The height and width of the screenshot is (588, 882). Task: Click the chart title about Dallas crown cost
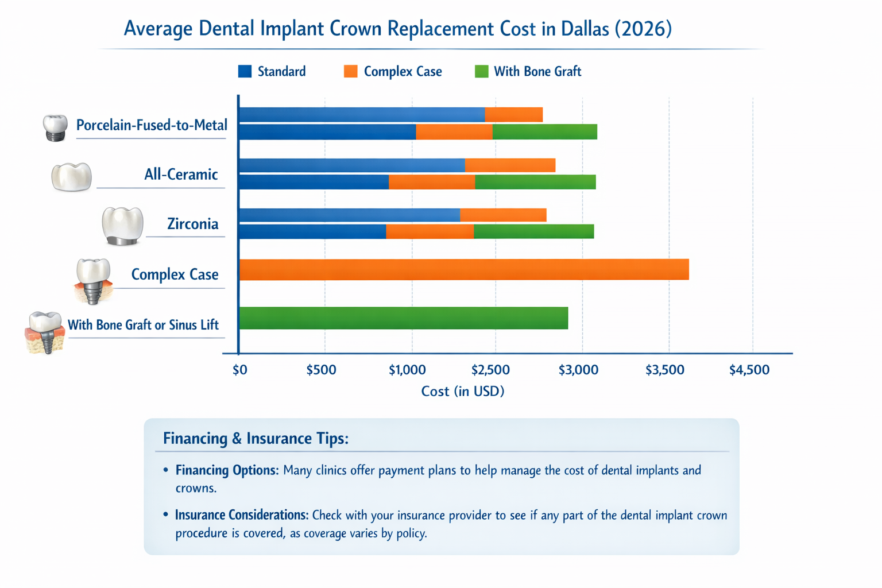click(397, 28)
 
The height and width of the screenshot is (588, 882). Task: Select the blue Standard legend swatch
click(245, 71)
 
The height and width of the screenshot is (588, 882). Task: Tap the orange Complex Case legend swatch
click(350, 71)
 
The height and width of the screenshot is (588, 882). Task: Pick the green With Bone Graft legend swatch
click(481, 71)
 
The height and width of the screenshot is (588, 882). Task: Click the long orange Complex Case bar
click(463, 270)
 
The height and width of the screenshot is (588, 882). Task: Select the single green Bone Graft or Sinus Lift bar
click(403, 318)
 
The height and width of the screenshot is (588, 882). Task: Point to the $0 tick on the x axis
click(240, 370)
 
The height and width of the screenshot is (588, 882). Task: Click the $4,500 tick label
click(749, 370)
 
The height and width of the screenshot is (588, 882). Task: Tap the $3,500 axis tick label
click(664, 370)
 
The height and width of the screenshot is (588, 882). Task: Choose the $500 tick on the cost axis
click(321, 370)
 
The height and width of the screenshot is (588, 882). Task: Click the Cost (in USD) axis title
click(462, 392)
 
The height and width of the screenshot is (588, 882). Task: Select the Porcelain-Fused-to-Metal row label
click(152, 125)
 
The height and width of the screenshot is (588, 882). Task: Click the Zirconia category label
click(192, 224)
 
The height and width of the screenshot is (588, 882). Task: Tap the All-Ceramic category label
click(181, 175)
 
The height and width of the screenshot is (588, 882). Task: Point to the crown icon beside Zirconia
click(122, 226)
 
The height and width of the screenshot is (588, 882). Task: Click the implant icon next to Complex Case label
click(92, 280)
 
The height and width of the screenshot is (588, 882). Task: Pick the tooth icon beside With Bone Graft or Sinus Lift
click(45, 332)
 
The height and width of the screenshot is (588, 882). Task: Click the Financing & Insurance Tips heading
click(256, 439)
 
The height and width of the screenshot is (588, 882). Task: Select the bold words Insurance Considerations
click(242, 515)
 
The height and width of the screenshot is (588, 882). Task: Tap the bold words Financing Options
click(227, 470)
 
